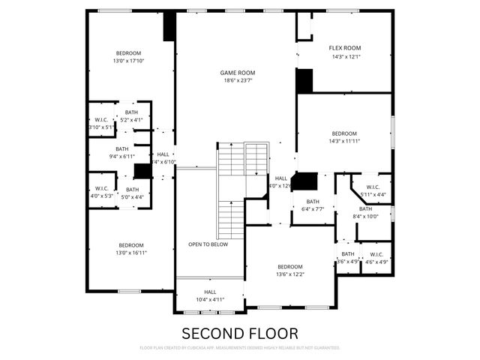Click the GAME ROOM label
[x=234, y=73]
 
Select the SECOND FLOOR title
[x=240, y=333]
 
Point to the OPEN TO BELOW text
[x=208, y=244]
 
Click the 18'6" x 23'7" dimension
[x=234, y=81]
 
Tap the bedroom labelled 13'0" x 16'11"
[x=130, y=249]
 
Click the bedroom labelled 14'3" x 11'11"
[x=344, y=136]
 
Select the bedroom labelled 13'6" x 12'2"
[x=289, y=271]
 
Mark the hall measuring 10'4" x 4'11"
[x=210, y=296]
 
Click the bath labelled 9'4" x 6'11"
[x=121, y=153]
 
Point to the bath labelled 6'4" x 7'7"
[x=312, y=205]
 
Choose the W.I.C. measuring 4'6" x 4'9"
[x=376, y=258]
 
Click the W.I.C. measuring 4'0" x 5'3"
[x=101, y=192]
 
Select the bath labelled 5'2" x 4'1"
[x=131, y=116]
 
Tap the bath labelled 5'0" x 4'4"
[x=133, y=193]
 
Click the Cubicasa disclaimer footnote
[x=240, y=348]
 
